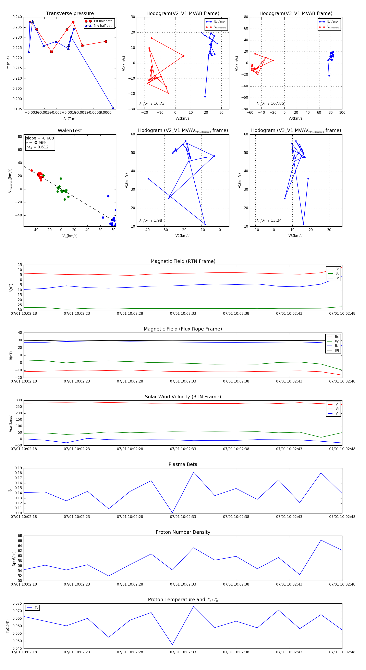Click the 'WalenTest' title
pos(70,131)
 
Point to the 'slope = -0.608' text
pos(40,138)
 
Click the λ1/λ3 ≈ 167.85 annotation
pos(270,104)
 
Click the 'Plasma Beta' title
pos(183,464)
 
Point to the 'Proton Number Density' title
pos(183,532)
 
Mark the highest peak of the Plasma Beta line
pos(194,472)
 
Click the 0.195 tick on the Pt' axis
pos(17,109)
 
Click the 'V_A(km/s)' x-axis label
pos(70,236)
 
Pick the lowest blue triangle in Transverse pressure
pos(113,108)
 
